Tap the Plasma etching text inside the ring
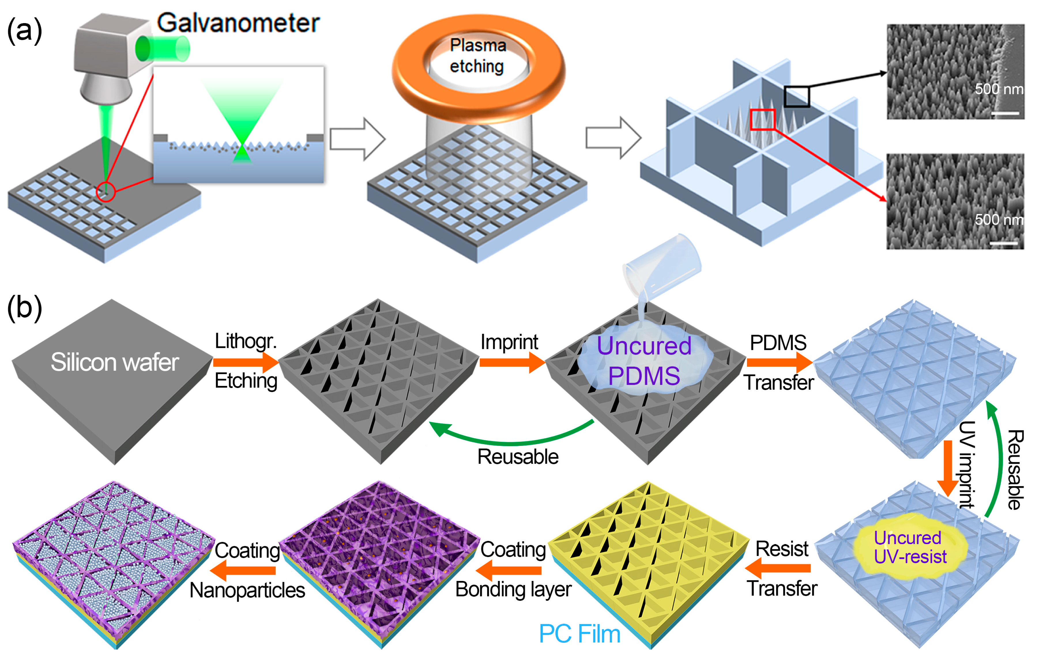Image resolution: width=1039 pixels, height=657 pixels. pos(477,56)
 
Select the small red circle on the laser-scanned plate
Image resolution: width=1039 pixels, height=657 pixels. pos(106,192)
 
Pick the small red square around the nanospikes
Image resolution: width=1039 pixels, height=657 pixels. pos(763,120)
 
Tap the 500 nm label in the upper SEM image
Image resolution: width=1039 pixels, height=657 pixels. pos(998,89)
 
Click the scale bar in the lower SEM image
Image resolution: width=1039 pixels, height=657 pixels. pos(1004,244)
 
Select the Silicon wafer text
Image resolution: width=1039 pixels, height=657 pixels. pos(114,362)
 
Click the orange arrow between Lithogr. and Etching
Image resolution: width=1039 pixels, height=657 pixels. pos(246,362)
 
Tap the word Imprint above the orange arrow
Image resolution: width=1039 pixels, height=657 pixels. pos(509,342)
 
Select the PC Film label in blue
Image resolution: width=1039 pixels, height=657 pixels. pos(579,634)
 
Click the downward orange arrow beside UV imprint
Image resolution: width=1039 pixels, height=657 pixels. pos(948,468)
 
